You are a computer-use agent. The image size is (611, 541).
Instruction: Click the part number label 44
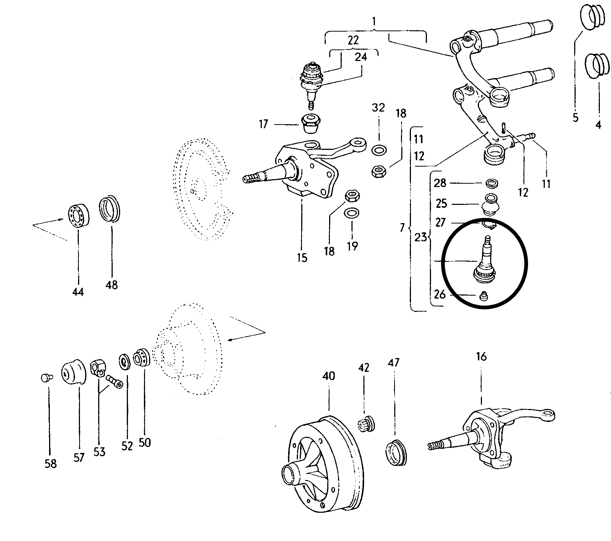pyautogui.click(x=78, y=292)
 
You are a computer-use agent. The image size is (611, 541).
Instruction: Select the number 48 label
pyautogui.click(x=112, y=285)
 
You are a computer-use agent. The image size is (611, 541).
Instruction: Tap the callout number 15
pyautogui.click(x=302, y=257)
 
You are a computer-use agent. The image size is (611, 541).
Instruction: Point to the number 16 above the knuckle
pyautogui.click(x=481, y=357)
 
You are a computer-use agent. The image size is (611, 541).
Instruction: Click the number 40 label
pyautogui.click(x=329, y=376)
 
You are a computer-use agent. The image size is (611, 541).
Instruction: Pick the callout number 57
pyautogui.click(x=79, y=457)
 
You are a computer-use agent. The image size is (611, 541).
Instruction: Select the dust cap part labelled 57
pyautogui.click(x=73, y=373)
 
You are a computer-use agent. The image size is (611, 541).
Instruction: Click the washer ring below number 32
pyautogui.click(x=379, y=150)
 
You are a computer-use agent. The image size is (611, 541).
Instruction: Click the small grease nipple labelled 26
pyautogui.click(x=483, y=296)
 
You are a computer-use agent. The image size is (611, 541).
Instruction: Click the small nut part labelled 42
pyautogui.click(x=366, y=424)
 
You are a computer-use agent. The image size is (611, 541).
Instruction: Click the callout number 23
pyautogui.click(x=421, y=237)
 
